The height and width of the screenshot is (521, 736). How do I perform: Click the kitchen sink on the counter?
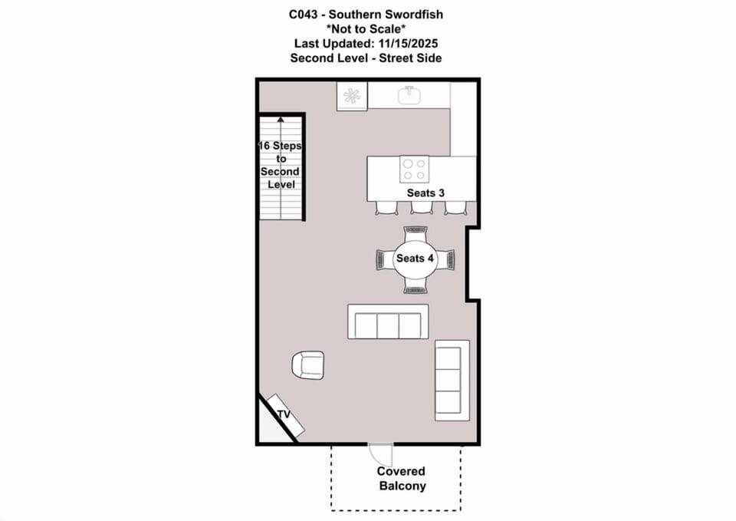coord(409,95)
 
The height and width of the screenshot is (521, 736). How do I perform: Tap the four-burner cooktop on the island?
coord(414,169)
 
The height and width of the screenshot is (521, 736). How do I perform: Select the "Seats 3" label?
coord(426,193)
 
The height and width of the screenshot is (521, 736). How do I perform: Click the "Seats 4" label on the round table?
coord(415,258)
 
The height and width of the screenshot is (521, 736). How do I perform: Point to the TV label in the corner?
coord(284,414)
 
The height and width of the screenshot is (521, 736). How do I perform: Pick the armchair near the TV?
coord(308,365)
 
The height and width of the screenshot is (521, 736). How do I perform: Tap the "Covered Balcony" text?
coord(401,478)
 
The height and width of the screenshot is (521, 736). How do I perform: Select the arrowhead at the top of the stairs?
coord(281,120)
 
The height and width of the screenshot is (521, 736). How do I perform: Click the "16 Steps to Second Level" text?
coord(281,165)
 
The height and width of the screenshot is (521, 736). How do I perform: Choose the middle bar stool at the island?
coord(422,207)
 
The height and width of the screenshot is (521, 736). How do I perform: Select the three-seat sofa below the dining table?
coord(388,322)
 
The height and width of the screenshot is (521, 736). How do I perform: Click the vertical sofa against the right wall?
coord(452,381)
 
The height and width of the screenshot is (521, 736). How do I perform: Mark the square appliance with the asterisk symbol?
coord(352,97)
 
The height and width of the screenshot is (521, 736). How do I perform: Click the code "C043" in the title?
coord(303,15)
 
